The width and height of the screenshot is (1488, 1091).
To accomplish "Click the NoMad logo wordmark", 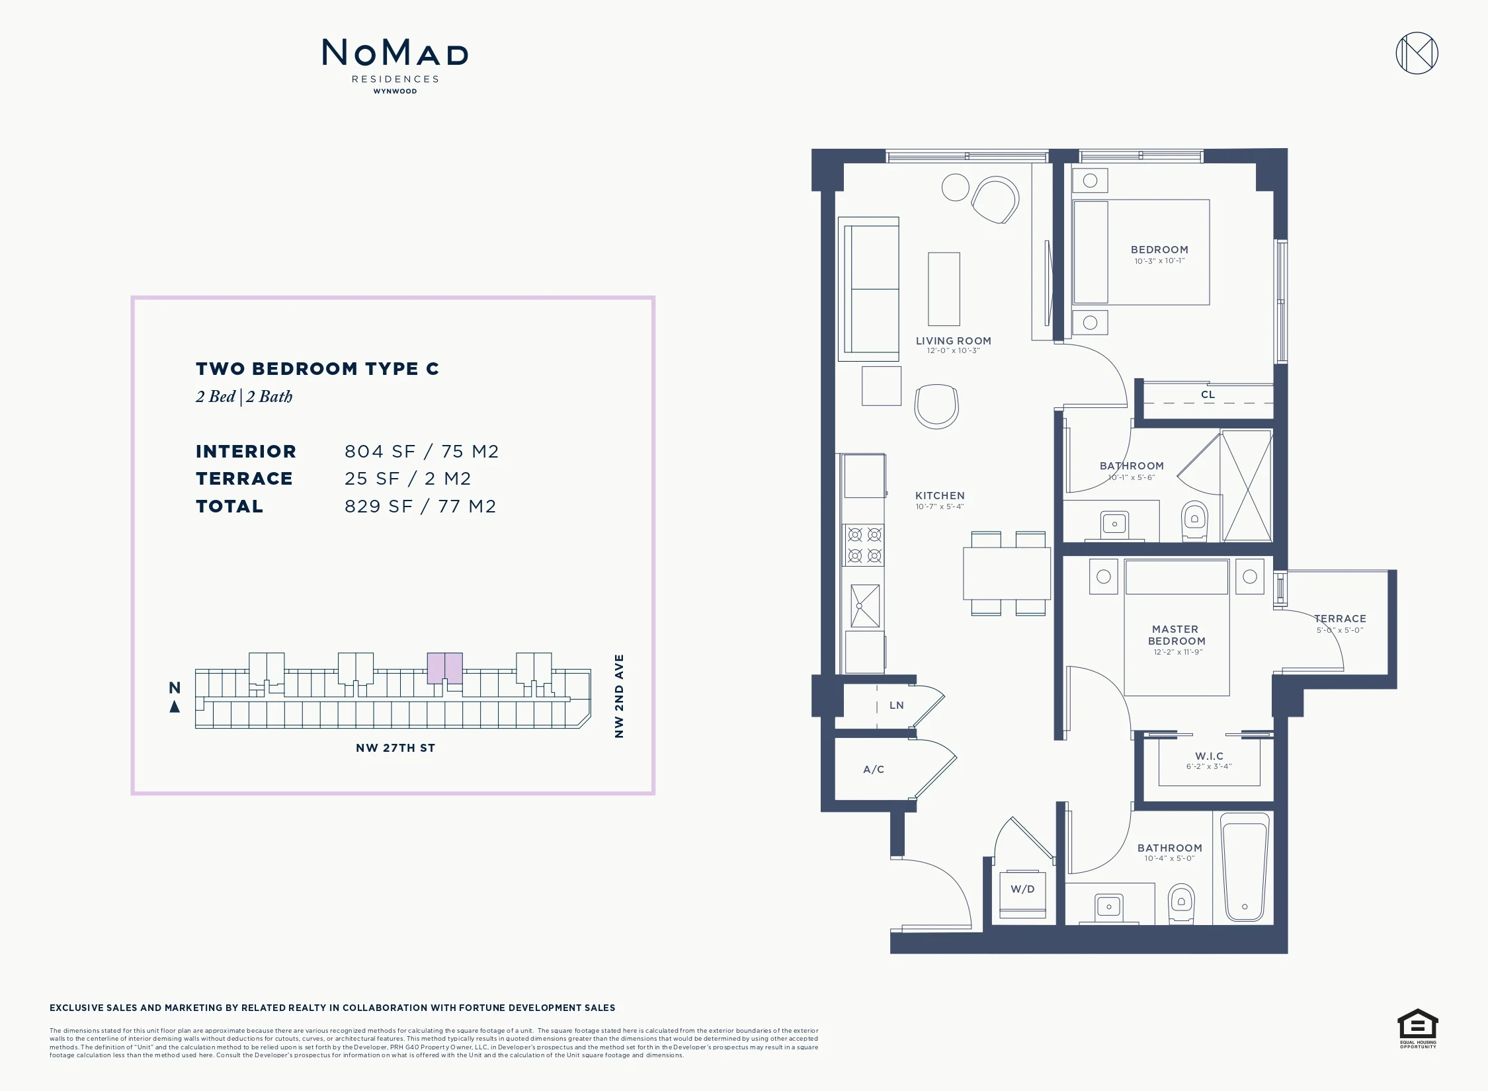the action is click(395, 52).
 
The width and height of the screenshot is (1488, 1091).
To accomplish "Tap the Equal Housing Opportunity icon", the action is click(1417, 1028).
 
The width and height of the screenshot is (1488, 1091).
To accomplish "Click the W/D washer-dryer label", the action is click(1022, 889).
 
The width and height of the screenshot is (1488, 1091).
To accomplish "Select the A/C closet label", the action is click(874, 770).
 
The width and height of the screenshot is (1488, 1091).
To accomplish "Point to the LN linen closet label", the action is click(897, 706).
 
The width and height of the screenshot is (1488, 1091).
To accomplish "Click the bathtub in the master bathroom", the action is click(1245, 867).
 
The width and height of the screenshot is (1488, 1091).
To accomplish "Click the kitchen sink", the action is click(865, 606).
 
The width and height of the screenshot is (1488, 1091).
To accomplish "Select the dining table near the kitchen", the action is click(1007, 573).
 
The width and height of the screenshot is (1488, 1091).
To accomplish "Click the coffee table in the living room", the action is click(944, 289).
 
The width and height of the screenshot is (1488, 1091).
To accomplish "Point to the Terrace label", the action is click(1340, 619).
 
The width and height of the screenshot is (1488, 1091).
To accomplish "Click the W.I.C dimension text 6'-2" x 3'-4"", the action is click(1209, 767).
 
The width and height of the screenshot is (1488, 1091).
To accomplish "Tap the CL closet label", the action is click(1208, 395).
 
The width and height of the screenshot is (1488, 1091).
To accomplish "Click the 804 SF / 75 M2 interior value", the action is click(422, 452).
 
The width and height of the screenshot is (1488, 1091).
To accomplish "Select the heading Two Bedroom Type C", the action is click(317, 369).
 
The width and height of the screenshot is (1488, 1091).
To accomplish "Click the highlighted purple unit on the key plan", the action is click(444, 668).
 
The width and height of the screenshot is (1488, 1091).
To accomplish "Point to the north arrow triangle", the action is click(175, 707).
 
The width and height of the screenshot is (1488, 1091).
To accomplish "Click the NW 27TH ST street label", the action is click(395, 748).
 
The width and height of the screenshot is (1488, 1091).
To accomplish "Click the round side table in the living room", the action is click(956, 187).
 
